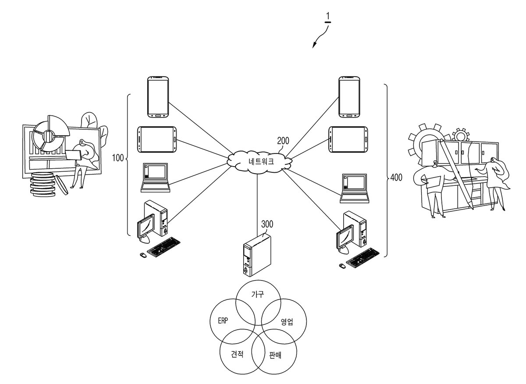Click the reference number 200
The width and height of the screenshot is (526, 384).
(283, 141)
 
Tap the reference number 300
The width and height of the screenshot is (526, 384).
(267, 224)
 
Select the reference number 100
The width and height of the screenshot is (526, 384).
(118, 158)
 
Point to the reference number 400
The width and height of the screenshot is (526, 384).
(396, 178)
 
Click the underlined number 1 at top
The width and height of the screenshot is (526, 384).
(328, 18)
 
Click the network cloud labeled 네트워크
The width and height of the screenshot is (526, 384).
(259, 162)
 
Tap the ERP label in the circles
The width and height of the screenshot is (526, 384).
(223, 320)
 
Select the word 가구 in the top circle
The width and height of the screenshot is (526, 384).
(258, 294)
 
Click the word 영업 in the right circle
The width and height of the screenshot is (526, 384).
(287, 321)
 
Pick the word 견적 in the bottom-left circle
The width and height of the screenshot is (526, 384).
(237, 354)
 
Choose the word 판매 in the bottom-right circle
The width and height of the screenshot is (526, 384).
(275, 355)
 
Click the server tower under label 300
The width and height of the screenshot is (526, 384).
(257, 255)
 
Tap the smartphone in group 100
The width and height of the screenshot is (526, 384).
(158, 97)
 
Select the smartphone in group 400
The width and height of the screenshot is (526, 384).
(349, 97)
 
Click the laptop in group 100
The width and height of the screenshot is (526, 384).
(156, 178)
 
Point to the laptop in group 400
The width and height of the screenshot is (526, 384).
(355, 188)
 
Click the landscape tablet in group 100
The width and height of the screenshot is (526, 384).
(157, 139)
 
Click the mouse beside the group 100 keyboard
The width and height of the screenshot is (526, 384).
(143, 255)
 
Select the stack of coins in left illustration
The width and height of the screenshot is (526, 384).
(43, 185)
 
